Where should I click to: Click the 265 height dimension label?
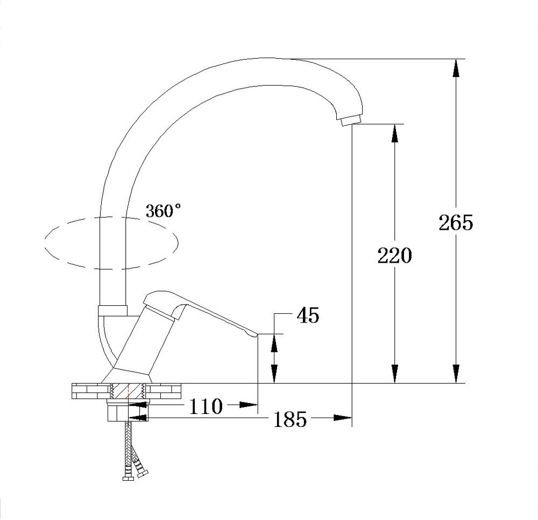[455, 223]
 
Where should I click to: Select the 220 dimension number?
[394, 256]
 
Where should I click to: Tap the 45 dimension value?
[307, 316]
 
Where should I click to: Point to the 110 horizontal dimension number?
[206, 406]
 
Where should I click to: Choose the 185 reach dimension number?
[291, 419]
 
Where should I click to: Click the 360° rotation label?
[163, 212]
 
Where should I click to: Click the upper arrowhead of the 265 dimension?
[456, 67]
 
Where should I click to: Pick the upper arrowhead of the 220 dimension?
[394, 133]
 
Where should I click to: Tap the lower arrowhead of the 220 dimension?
[394, 374]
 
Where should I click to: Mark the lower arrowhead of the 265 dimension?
[456, 374]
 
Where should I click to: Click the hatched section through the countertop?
[128, 391]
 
